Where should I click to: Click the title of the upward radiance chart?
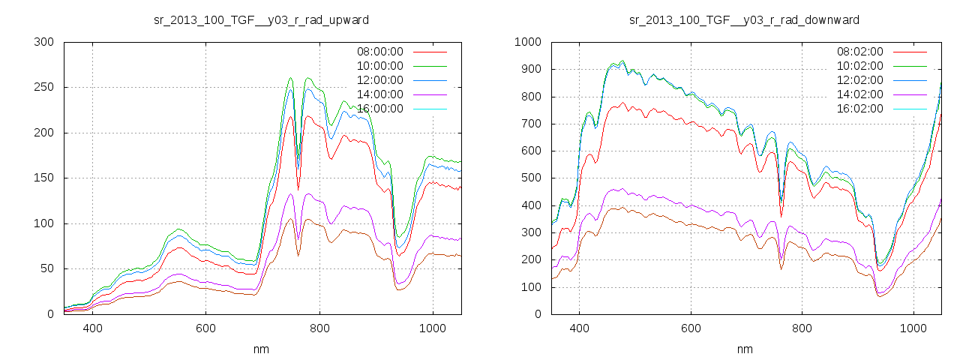[x=261, y=19]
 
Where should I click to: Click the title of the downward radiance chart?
[x=744, y=19]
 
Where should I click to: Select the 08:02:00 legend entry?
[x=859, y=52]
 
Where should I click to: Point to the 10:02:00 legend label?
[x=859, y=66]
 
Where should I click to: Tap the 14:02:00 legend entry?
[x=859, y=94]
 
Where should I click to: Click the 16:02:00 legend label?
[x=859, y=109]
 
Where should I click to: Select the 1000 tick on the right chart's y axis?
[x=527, y=42]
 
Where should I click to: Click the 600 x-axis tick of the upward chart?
[x=205, y=328]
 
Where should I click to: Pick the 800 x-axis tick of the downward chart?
[x=802, y=328]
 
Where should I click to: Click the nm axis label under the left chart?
[x=261, y=349]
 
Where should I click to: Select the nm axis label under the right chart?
[x=744, y=349]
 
